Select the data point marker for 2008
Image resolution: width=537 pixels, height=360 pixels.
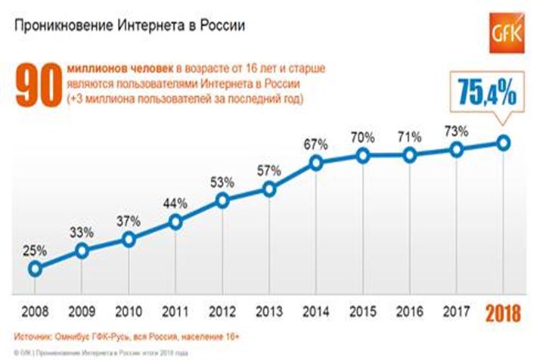[x=35, y=268]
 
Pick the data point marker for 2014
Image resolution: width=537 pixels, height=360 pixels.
[x=316, y=163]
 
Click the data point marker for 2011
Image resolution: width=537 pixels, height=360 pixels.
[x=175, y=222]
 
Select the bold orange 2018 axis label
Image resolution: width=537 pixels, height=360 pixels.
[x=504, y=312]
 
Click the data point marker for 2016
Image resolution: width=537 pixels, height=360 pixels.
[x=410, y=155]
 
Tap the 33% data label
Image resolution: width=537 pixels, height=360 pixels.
[x=82, y=230]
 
